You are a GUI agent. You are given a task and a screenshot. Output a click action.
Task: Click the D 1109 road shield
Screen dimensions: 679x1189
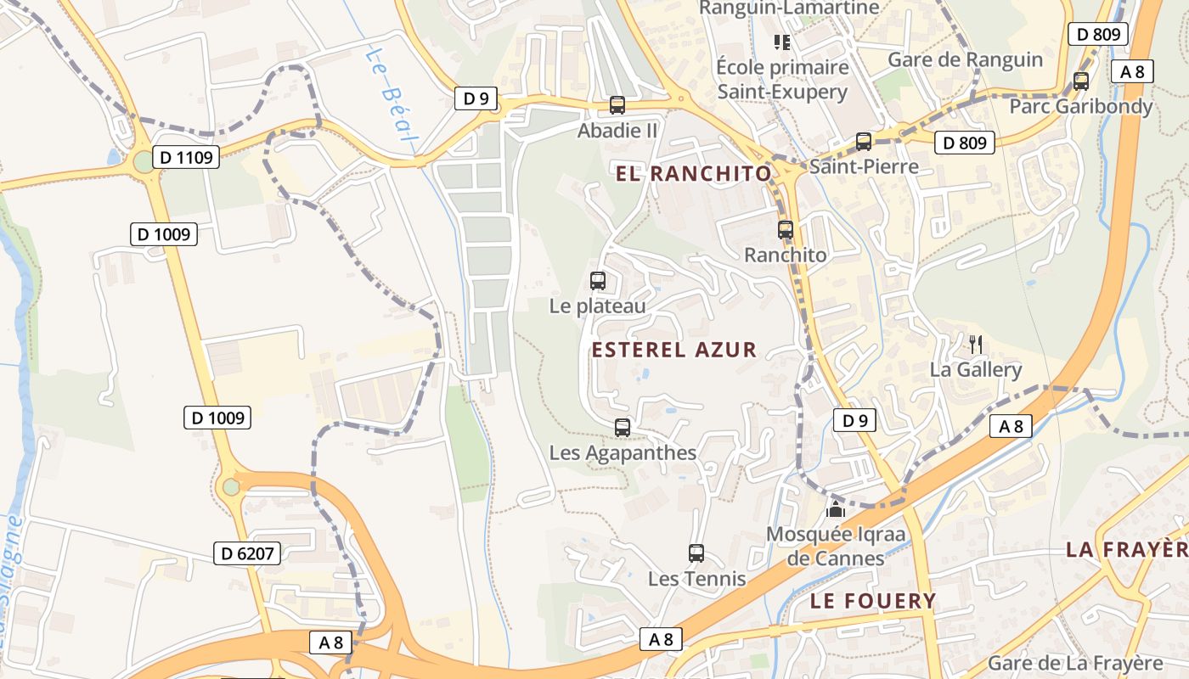pos(187,156)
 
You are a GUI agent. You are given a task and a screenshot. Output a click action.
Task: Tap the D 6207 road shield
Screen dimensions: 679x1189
pos(247,554)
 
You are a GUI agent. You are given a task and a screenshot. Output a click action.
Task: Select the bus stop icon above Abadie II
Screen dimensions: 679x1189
pos(617,106)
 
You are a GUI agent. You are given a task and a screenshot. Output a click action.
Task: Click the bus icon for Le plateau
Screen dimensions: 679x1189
pos(598,281)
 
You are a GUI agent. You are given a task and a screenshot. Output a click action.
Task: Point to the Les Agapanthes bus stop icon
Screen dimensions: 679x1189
pos(623,428)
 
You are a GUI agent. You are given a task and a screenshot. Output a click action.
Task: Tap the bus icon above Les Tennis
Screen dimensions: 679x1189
pos(696,553)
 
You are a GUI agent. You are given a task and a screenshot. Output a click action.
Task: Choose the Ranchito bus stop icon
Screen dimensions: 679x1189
pos(786,230)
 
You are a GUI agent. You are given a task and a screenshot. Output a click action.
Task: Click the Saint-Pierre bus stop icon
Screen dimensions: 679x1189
pos(864,142)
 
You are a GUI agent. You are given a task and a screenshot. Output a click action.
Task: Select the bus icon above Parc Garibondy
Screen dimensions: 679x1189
pos(1081,81)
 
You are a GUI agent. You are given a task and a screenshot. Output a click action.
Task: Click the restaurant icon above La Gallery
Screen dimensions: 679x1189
pos(976,344)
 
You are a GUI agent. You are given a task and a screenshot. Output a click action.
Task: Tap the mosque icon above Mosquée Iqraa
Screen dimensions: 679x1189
pos(836,509)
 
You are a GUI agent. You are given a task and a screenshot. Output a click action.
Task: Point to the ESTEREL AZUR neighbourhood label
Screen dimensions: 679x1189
pos(673,350)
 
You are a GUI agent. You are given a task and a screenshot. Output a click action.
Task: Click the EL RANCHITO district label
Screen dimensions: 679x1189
pos(694,174)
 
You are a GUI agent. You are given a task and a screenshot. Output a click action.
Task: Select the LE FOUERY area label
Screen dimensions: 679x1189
pos(873,601)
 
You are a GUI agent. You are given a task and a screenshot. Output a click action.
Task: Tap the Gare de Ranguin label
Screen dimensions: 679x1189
pos(965,59)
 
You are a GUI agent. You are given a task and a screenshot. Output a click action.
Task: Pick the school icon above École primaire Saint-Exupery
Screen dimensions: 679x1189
pos(781,42)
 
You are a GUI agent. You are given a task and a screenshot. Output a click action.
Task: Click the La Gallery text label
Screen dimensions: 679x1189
pos(976,370)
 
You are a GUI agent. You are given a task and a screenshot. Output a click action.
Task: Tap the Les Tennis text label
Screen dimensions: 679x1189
pos(696,579)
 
